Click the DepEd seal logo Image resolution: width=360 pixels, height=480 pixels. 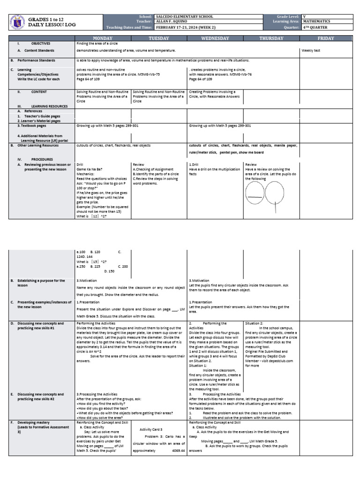(x=17, y=22)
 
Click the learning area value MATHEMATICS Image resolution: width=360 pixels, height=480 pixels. (x=317, y=21)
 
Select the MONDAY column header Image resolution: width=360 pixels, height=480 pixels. (x=103, y=38)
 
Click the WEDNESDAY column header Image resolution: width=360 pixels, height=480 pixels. (x=215, y=38)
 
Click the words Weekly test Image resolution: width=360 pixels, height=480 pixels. (x=310, y=51)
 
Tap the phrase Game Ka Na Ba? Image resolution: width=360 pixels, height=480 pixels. (x=89, y=169)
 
